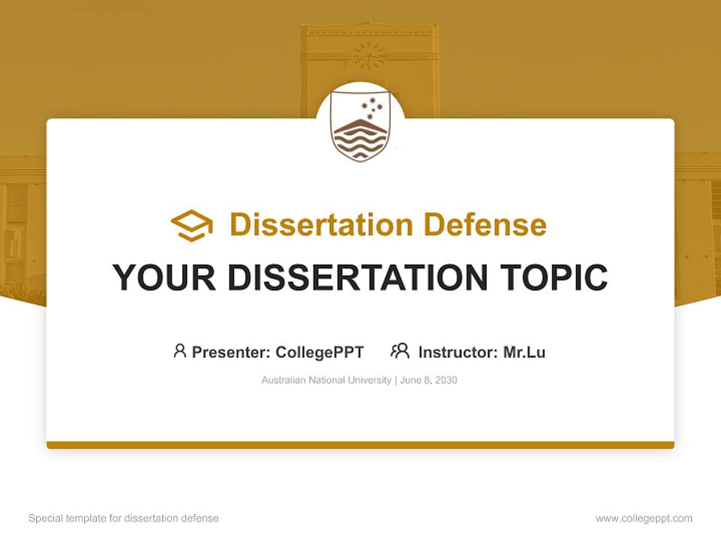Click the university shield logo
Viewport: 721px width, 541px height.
pyautogui.click(x=360, y=128)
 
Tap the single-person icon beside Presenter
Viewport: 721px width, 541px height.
pyautogui.click(x=179, y=351)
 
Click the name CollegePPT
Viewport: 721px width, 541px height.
pyautogui.click(x=320, y=352)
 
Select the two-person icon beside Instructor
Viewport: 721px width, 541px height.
pyautogui.click(x=400, y=351)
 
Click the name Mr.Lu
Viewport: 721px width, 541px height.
pyautogui.click(x=524, y=352)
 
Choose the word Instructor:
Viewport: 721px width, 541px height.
pyautogui.click(x=458, y=352)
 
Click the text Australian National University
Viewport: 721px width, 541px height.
pyautogui.click(x=326, y=380)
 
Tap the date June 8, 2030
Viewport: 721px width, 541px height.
pyautogui.click(x=429, y=380)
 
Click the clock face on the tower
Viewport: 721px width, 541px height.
pyautogui.click(x=369, y=55)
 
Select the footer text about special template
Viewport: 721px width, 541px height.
pyautogui.click(x=123, y=518)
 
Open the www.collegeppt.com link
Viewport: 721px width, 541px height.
pyautogui.click(x=644, y=518)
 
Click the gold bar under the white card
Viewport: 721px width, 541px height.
pyautogui.click(x=360, y=445)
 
